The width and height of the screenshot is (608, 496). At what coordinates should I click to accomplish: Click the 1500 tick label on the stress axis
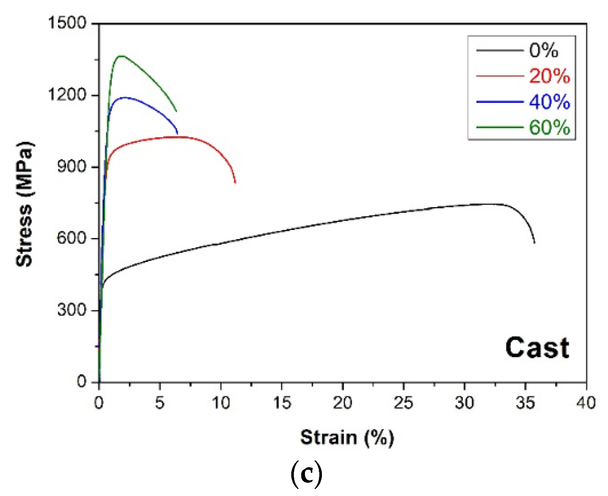coord(68,23)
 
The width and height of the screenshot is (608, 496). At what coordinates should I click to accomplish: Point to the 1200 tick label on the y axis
coord(68,95)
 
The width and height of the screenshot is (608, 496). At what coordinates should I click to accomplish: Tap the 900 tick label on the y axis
coord(72,166)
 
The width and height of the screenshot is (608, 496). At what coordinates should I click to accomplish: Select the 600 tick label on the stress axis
coord(72,238)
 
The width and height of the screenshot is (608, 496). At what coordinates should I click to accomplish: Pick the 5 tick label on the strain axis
coord(159,403)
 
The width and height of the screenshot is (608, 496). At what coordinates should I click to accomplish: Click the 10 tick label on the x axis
coord(221,403)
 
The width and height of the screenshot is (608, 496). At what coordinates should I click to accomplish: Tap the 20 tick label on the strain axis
coord(343,403)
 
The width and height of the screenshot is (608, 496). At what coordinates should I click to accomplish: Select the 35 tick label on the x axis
coord(525,403)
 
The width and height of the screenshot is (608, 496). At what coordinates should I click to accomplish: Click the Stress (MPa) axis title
coord(24,204)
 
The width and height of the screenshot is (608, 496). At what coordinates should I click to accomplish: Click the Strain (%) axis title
coord(347,438)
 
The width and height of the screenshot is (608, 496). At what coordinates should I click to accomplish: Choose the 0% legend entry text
coord(543,50)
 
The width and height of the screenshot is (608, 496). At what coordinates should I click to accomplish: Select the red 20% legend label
coord(549,76)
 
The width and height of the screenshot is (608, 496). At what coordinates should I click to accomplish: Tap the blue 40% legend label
coord(549,102)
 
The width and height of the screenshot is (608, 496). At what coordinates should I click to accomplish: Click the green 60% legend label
coord(549,128)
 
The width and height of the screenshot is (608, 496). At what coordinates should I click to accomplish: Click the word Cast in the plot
coord(537,348)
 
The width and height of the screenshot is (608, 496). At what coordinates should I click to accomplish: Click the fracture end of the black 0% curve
coord(535,243)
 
